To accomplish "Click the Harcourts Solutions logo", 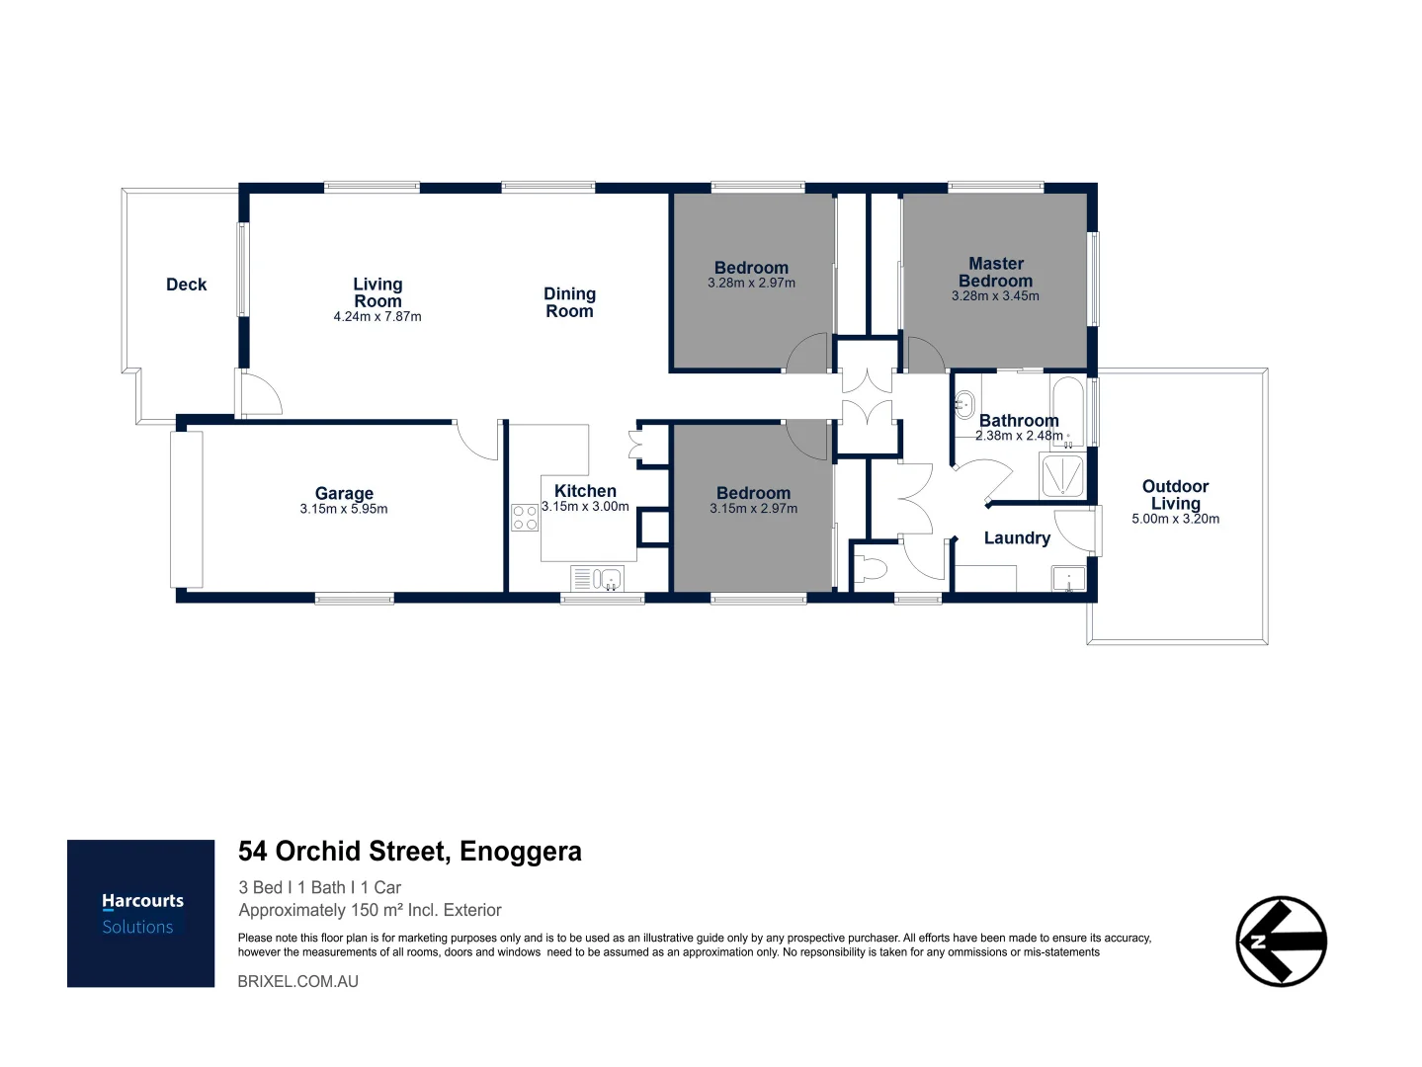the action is pyautogui.click(x=140, y=913).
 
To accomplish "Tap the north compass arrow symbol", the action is pyautogui.click(x=1281, y=941).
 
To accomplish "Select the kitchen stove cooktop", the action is pyautogui.click(x=524, y=518).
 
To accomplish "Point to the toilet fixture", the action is pyautogui.click(x=870, y=569).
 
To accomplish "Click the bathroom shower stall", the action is pyautogui.click(x=1061, y=476).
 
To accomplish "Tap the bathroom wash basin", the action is pyautogui.click(x=964, y=405).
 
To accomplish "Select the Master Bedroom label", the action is pyautogui.click(x=996, y=272).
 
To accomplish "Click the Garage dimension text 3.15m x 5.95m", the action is pyautogui.click(x=343, y=509).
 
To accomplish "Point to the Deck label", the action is pyautogui.click(x=186, y=285).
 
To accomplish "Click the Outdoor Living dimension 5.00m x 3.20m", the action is pyautogui.click(x=1175, y=519).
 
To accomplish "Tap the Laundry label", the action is pyautogui.click(x=1017, y=538).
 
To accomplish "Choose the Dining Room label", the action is pyautogui.click(x=569, y=302).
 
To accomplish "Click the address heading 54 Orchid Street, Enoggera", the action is pyautogui.click(x=409, y=851).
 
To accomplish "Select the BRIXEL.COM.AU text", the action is pyautogui.click(x=298, y=981).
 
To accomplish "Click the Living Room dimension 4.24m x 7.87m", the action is pyautogui.click(x=377, y=316).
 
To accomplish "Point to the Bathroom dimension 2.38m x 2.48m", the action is pyautogui.click(x=1019, y=436).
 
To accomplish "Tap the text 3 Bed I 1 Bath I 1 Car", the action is pyautogui.click(x=320, y=887).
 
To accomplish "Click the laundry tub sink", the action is pyautogui.click(x=1068, y=579).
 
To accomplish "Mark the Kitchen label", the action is pyautogui.click(x=585, y=491).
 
